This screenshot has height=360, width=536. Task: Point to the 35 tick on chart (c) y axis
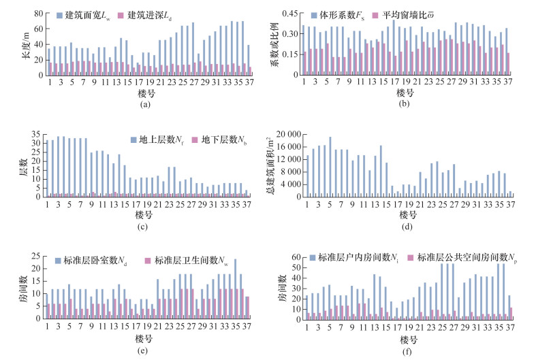[37, 136]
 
